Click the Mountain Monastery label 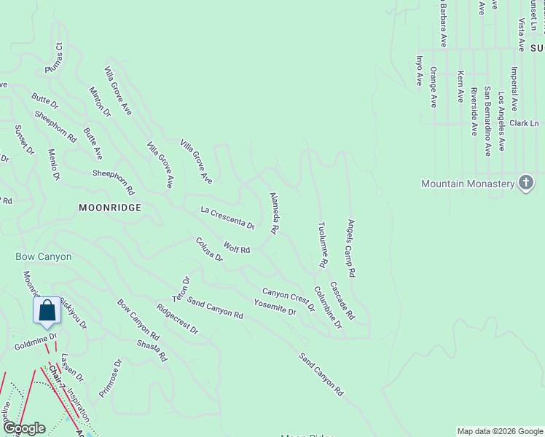click(x=468, y=184)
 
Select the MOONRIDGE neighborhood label click(x=109, y=208)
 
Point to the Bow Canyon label click(x=44, y=257)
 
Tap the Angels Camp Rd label click(x=351, y=248)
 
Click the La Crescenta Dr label click(x=227, y=218)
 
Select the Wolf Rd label click(x=237, y=248)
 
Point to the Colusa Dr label click(x=209, y=249)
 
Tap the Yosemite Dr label click(x=275, y=307)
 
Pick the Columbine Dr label click(x=328, y=307)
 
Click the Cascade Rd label click(x=342, y=301)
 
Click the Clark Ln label click(x=524, y=123)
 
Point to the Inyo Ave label click(x=419, y=71)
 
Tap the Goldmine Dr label click(x=35, y=342)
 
